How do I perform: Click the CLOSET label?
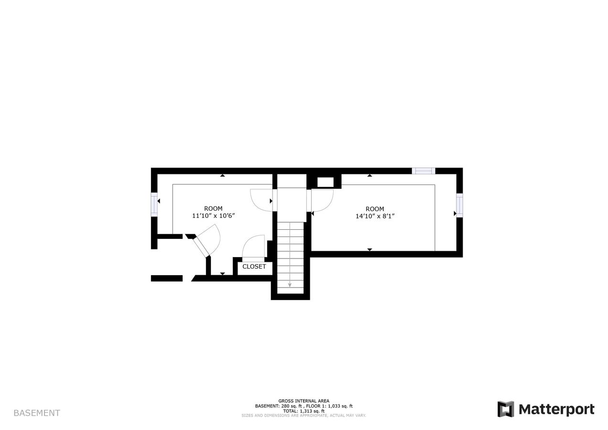click(254, 267)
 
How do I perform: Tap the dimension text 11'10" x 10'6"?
click(213, 216)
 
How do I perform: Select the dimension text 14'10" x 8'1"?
click(375, 216)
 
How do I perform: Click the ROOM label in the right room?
click(375, 209)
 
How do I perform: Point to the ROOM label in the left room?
click(213, 208)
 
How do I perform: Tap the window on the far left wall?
click(154, 204)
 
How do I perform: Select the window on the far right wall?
click(459, 205)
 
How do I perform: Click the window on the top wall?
click(423, 171)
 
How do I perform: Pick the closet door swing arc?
click(253, 247)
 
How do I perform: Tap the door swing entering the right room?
click(322, 200)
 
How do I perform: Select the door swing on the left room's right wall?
click(261, 200)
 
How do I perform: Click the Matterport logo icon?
click(505, 409)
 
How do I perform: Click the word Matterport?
click(556, 409)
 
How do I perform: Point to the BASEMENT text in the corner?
click(37, 413)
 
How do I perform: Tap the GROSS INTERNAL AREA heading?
click(304, 401)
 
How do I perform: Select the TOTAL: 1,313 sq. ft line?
click(304, 411)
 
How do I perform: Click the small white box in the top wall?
click(325, 182)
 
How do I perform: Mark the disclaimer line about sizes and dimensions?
click(304, 416)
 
